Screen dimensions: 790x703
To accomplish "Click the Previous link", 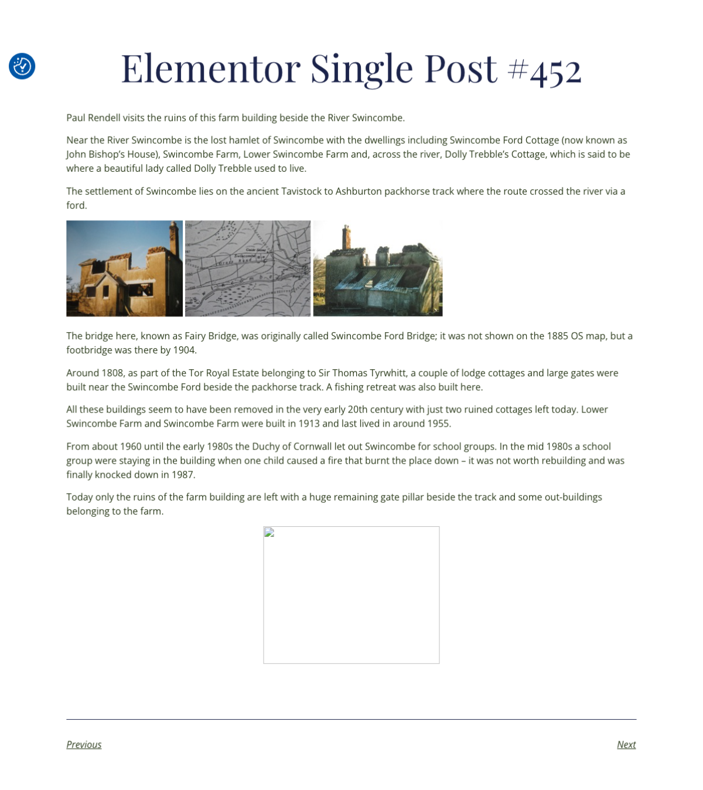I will (84, 744).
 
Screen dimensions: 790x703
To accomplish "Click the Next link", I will (626, 744).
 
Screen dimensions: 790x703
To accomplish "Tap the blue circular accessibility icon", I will (22, 66).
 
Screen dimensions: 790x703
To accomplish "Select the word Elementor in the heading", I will (210, 69).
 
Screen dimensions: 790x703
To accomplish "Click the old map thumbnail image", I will (248, 268).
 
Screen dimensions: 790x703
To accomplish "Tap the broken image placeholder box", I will (351, 594).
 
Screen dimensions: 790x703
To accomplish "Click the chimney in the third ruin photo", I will (346, 237).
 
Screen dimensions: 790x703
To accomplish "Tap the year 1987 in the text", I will (183, 475).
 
